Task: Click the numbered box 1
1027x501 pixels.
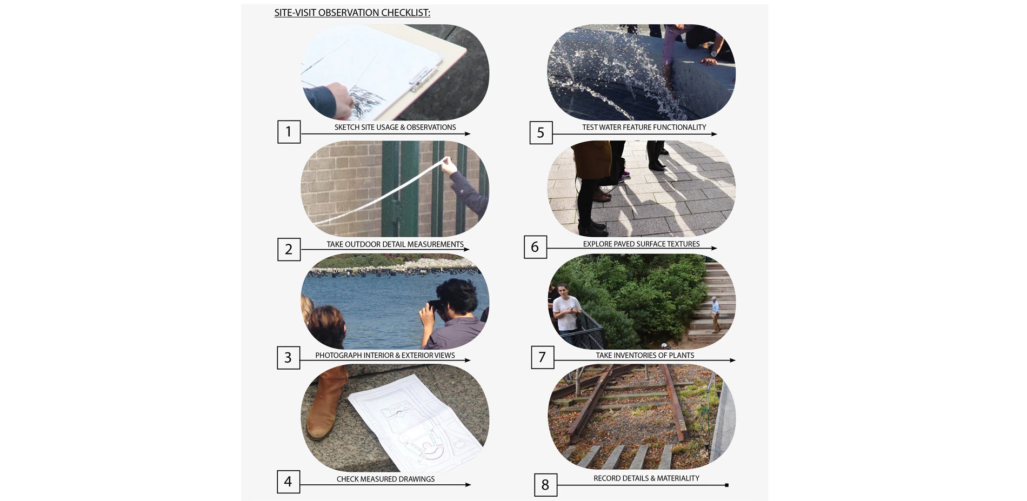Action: click(289, 132)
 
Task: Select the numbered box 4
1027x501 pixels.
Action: click(288, 482)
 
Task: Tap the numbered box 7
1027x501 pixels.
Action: click(542, 357)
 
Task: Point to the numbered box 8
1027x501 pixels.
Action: click(545, 485)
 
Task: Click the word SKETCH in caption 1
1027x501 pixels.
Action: click(347, 128)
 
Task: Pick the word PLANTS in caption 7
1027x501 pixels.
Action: click(681, 356)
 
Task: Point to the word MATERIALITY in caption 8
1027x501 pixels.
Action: click(678, 478)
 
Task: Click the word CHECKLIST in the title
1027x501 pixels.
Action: click(405, 13)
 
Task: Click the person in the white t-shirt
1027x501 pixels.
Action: click(565, 306)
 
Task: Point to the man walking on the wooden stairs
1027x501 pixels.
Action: click(715, 315)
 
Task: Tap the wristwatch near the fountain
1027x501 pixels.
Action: click(714, 54)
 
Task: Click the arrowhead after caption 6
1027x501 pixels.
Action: click(714, 249)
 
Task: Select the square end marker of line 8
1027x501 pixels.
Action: click(727, 485)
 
